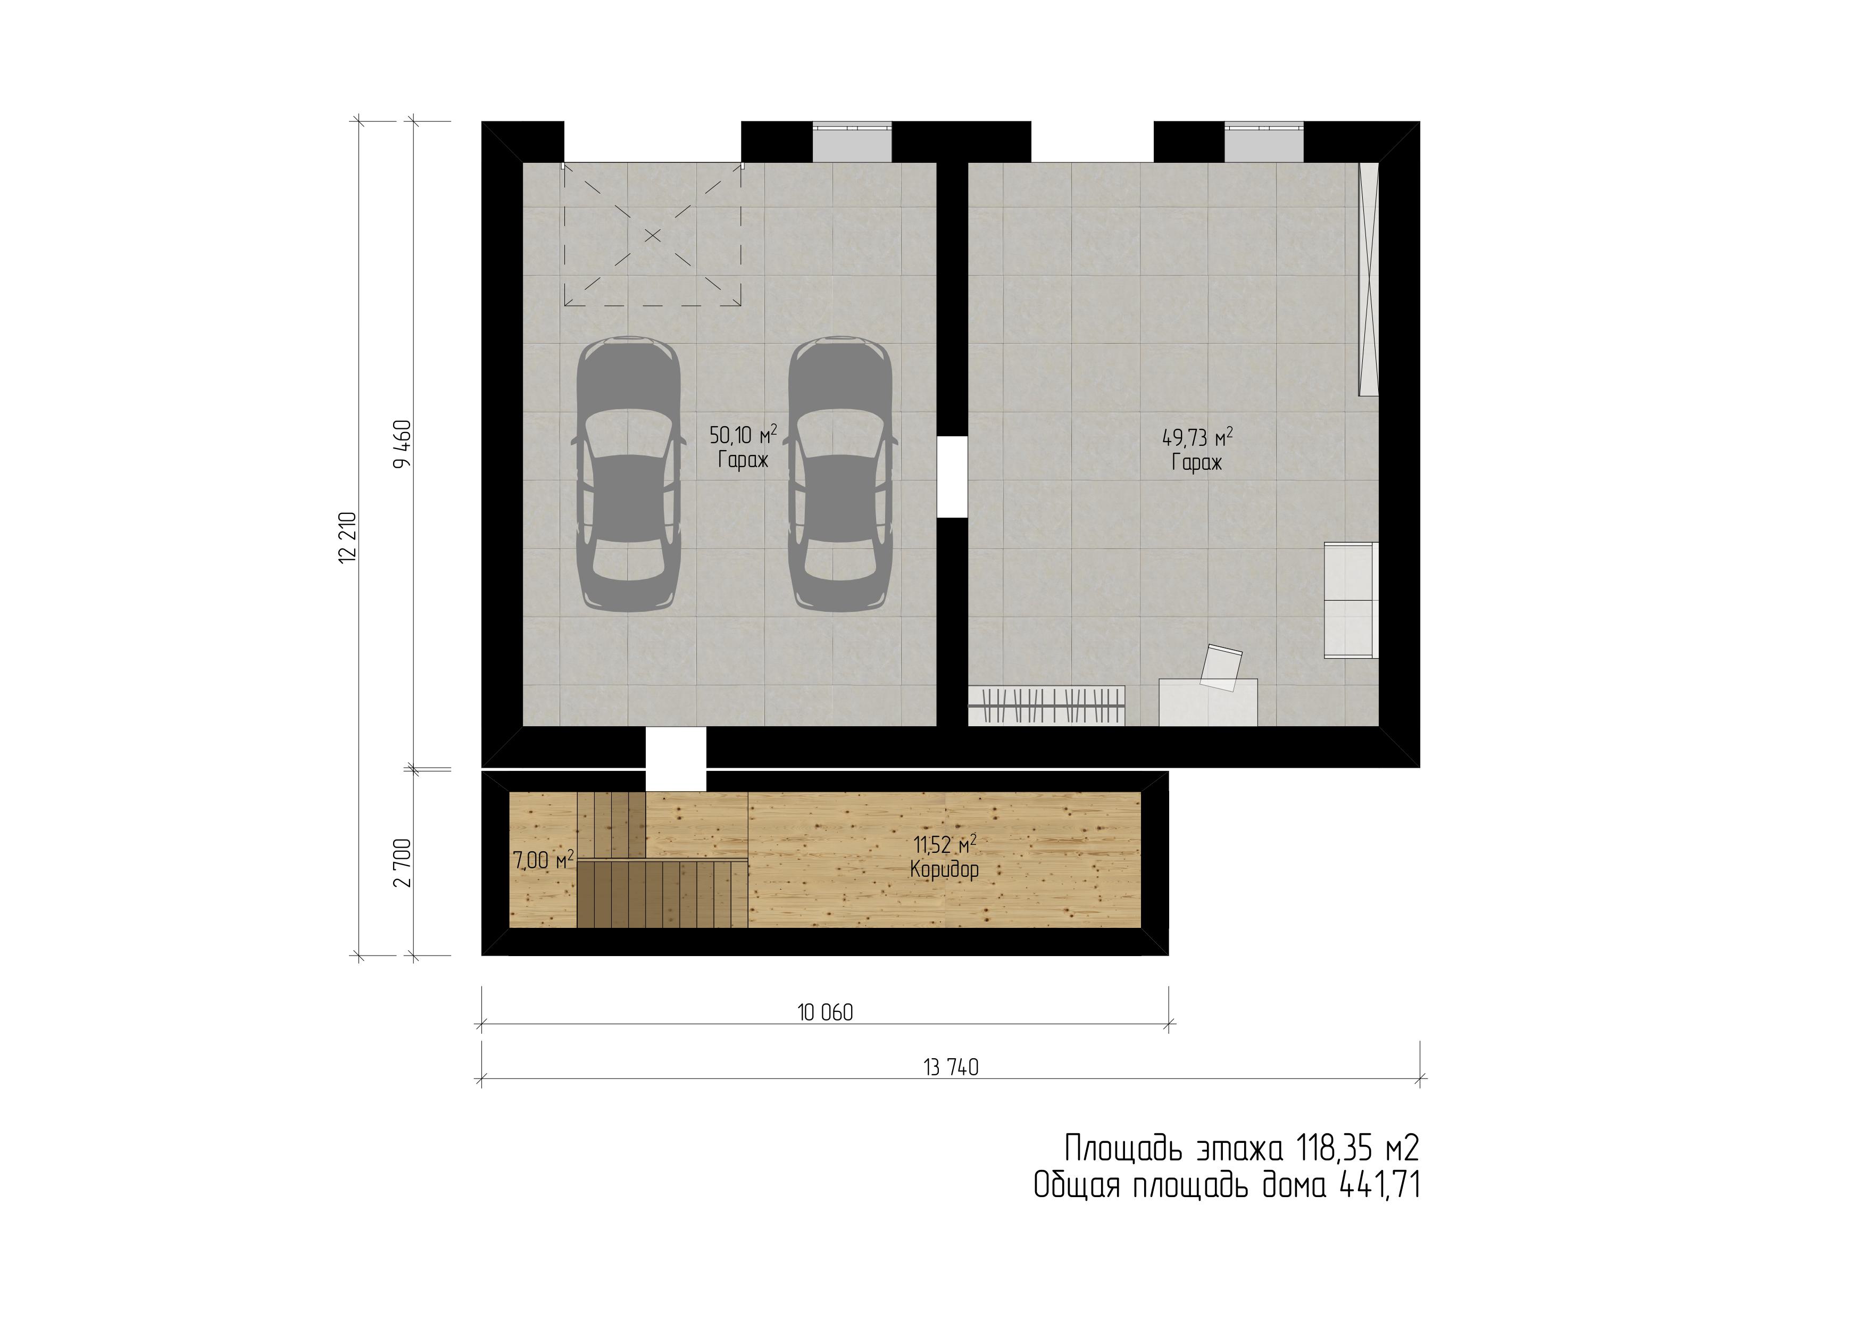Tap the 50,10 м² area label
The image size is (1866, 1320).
pyautogui.click(x=743, y=435)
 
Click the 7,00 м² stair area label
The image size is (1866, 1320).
pyautogui.click(x=544, y=860)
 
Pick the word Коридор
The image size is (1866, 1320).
pyautogui.click(x=944, y=870)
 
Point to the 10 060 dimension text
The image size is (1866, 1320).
pyautogui.click(x=825, y=1013)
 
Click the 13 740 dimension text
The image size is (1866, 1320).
pyautogui.click(x=951, y=1068)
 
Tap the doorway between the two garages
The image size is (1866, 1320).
pyautogui.click(x=953, y=477)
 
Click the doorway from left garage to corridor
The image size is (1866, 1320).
pyautogui.click(x=676, y=758)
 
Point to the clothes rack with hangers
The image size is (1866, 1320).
pyautogui.click(x=1047, y=705)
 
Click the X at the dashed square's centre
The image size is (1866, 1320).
pyautogui.click(x=653, y=236)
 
